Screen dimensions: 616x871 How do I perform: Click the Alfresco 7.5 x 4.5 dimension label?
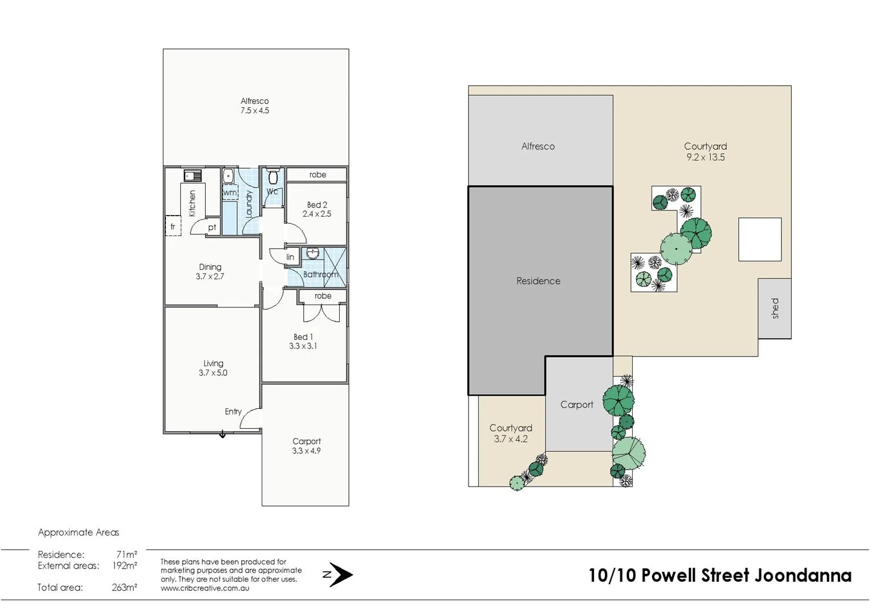pyautogui.click(x=254, y=106)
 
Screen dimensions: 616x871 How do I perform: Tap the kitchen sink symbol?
pyautogui.click(x=193, y=176)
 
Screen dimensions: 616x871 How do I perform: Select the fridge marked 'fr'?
pyautogui.click(x=173, y=226)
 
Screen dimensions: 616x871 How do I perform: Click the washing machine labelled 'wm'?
pyautogui.click(x=230, y=193)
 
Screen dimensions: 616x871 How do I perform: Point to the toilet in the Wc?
pyautogui.click(x=272, y=176)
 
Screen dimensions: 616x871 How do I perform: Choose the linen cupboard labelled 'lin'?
pyautogui.click(x=290, y=257)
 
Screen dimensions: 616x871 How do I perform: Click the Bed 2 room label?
pyautogui.click(x=317, y=209)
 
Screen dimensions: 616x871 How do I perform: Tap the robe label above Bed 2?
pyautogui.click(x=318, y=175)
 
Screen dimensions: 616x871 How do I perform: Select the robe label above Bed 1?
pyautogui.click(x=323, y=296)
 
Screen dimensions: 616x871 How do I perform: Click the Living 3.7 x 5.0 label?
pyautogui.click(x=213, y=368)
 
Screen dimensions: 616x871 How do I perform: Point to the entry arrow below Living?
pyautogui.click(x=222, y=435)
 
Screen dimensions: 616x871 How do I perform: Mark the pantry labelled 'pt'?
pyautogui.click(x=212, y=227)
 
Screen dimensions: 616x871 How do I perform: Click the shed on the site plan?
pyautogui.click(x=775, y=308)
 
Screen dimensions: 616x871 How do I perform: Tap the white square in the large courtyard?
pyautogui.click(x=760, y=240)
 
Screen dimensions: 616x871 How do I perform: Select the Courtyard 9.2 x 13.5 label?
pyautogui.click(x=705, y=152)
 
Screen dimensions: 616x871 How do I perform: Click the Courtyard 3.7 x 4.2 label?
pyautogui.click(x=511, y=433)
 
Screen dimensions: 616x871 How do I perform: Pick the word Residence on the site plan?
pyautogui.click(x=538, y=281)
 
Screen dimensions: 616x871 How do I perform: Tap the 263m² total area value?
pyautogui.click(x=124, y=587)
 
